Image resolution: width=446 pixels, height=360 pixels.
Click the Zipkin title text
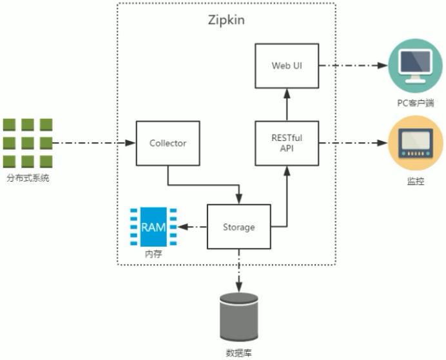226,20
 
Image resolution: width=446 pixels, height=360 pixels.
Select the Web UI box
287,66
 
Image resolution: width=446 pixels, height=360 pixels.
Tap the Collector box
168,142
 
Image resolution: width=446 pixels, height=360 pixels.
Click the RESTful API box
287,142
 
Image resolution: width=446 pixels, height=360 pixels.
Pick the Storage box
238,227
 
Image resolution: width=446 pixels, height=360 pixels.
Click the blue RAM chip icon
148,227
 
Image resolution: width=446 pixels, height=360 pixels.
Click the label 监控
416,181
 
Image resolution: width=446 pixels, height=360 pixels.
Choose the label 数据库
239,352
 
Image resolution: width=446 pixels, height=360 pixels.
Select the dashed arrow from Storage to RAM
191,227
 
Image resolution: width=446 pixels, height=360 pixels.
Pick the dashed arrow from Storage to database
239,271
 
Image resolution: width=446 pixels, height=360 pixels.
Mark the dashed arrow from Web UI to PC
353,66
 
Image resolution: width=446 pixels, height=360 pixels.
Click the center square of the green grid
28,142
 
